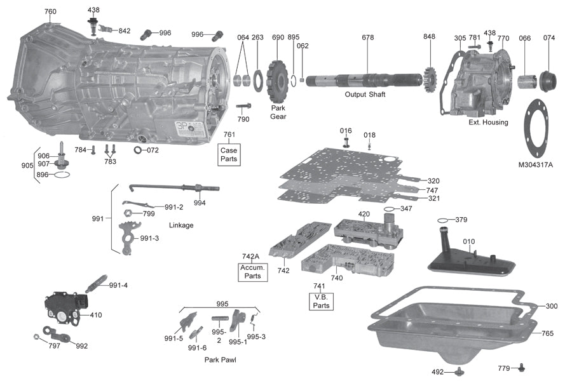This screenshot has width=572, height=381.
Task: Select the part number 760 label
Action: (x=50, y=11)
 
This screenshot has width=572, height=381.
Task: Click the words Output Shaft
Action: (x=365, y=95)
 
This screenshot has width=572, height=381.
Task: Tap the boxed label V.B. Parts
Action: (x=322, y=301)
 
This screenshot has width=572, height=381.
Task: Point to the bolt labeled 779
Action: (x=521, y=366)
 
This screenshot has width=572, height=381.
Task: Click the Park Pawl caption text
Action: (x=221, y=359)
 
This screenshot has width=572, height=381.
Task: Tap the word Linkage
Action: (x=181, y=225)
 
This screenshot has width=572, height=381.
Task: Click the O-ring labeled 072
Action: (x=138, y=150)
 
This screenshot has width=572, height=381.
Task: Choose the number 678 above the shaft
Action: (x=368, y=37)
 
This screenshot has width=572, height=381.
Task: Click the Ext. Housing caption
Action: (x=487, y=122)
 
